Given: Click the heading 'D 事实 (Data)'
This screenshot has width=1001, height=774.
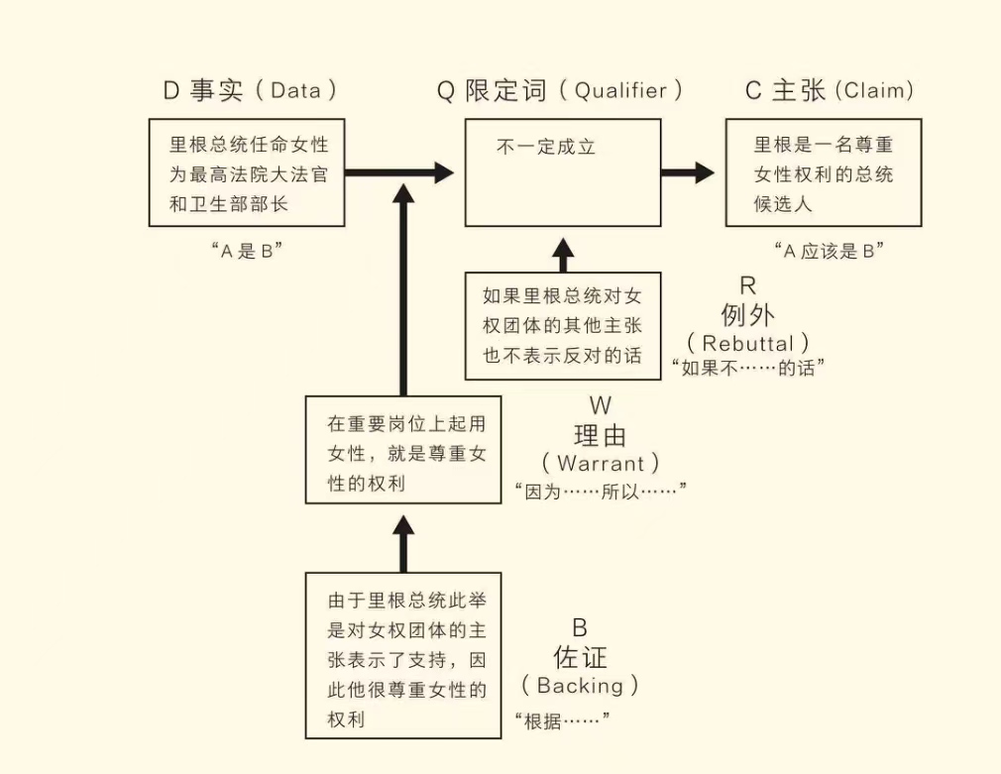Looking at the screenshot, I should point(250,91).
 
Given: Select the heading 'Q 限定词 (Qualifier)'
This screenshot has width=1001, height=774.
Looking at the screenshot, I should point(561,91).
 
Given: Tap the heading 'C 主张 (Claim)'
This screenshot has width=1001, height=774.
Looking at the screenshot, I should point(830,91).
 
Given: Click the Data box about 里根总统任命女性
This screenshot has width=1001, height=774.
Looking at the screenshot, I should point(247,173).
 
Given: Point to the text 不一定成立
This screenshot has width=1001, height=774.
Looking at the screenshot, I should point(545,147).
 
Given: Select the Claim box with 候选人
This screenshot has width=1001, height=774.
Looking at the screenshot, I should point(823,173).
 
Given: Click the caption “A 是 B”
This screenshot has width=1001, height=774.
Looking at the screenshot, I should point(247,251).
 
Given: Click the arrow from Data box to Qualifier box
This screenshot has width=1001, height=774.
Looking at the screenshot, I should point(396,173).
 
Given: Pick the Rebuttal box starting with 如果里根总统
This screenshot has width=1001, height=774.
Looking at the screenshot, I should point(562,326).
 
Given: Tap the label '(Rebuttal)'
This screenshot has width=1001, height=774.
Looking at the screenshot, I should point(747,343).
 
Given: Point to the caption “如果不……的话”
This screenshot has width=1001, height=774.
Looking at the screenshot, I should point(748,368).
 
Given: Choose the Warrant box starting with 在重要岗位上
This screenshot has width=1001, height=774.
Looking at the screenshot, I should point(402,449).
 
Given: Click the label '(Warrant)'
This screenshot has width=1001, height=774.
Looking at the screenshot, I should point(601,463).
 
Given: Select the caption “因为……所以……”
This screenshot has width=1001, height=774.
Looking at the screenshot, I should point(601,491).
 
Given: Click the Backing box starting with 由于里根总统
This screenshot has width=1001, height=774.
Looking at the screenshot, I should point(402,655).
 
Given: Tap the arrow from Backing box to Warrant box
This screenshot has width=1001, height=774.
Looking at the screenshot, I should point(402,543).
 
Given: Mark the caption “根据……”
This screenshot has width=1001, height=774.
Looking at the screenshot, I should point(562,719).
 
